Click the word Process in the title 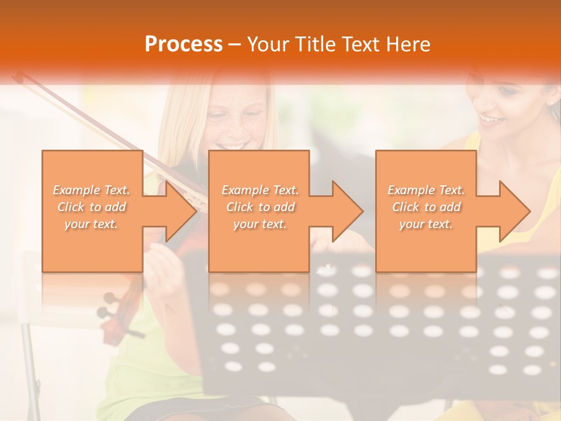tap(183, 44)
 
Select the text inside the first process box tap(92, 207)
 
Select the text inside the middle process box tap(260, 207)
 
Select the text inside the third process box tap(426, 207)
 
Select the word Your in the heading tap(266, 44)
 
